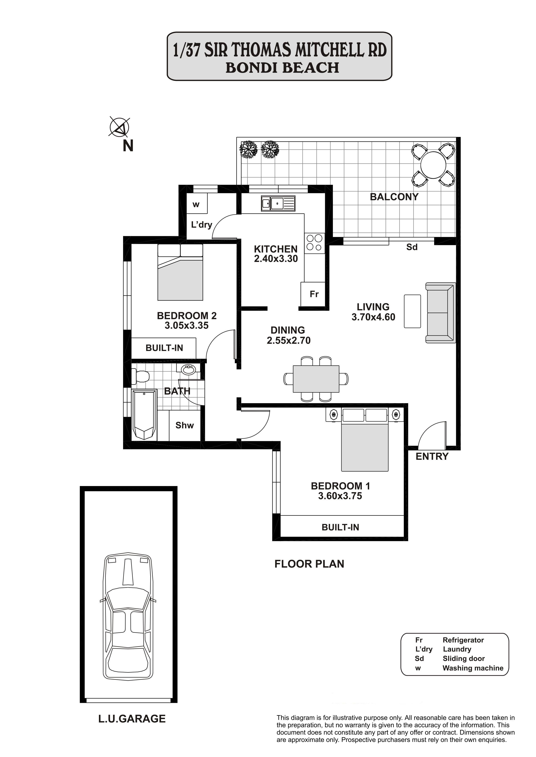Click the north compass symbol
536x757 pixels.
[119, 127]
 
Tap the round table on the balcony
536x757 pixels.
[433, 165]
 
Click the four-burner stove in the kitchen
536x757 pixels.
[314, 243]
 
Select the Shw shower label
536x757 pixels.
[185, 425]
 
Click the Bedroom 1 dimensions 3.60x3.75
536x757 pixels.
[340, 496]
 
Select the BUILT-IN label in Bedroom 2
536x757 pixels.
[164, 348]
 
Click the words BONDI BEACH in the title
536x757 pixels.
[283, 68]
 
